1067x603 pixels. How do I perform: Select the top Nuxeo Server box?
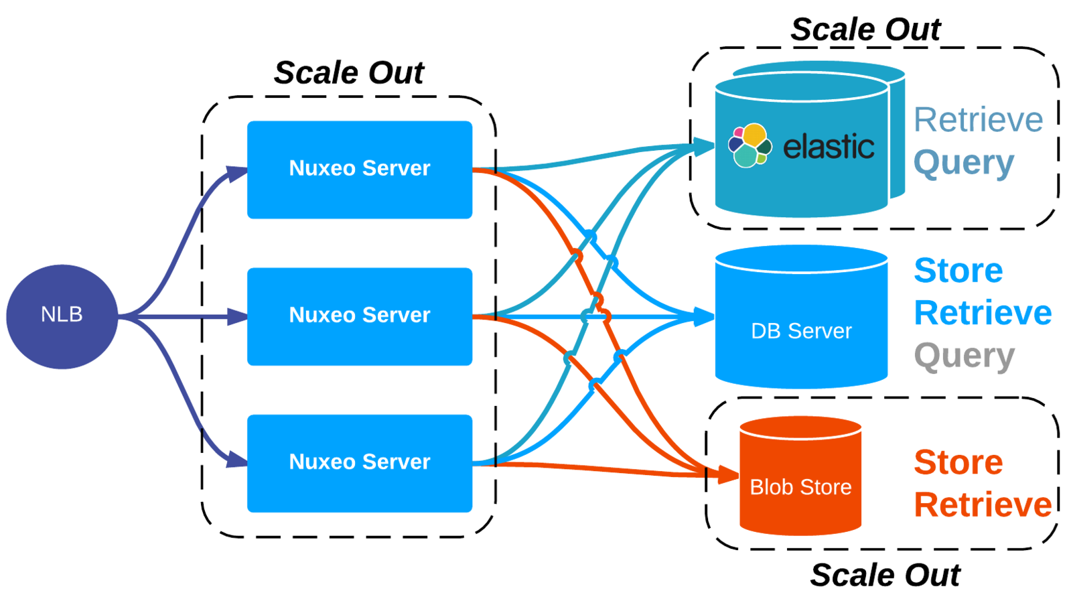pyautogui.click(x=360, y=170)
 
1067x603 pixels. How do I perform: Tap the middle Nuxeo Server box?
pyautogui.click(x=360, y=316)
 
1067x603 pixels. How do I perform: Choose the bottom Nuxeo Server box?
pyautogui.click(x=360, y=463)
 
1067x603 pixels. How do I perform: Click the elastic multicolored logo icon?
pyautogui.click(x=750, y=145)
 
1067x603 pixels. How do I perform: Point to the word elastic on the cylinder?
pyautogui.click(x=829, y=147)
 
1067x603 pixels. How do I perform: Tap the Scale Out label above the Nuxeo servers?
pyautogui.click(x=349, y=72)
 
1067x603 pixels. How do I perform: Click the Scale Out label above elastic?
pyautogui.click(x=865, y=29)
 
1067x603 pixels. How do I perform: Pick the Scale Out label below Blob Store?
pyautogui.click(x=885, y=575)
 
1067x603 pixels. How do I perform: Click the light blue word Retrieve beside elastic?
pyautogui.click(x=978, y=121)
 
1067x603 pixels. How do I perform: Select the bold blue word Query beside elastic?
pyautogui.click(x=964, y=163)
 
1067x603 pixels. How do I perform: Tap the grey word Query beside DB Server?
pyautogui.click(x=964, y=356)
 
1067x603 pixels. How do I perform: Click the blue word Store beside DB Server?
pyautogui.click(x=958, y=271)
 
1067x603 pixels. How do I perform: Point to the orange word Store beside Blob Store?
pyautogui.click(x=958, y=462)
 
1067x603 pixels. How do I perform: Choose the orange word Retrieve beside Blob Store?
pyautogui.click(x=983, y=505)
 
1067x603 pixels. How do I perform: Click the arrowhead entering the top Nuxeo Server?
pyautogui.click(x=237, y=174)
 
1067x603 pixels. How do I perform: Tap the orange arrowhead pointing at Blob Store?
pyautogui.click(x=728, y=475)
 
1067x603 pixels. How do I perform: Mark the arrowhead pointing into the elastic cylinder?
pyautogui.click(x=704, y=146)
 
